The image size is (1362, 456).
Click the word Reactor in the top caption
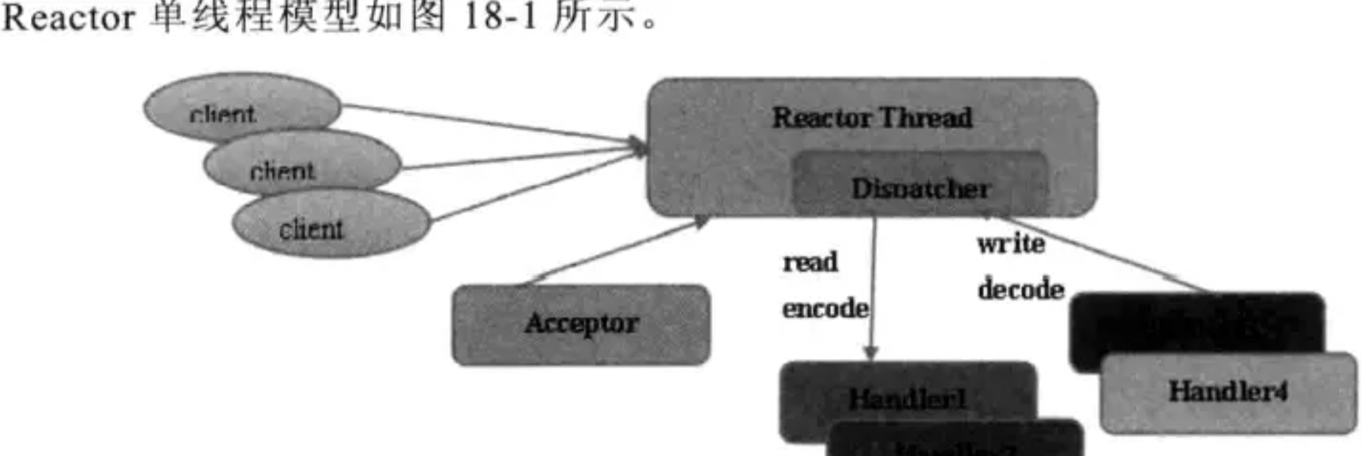pyautogui.click(x=68, y=18)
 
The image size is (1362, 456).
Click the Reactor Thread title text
pyautogui.click(x=872, y=118)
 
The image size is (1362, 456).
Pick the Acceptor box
pyautogui.click(x=581, y=324)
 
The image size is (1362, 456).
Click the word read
pyautogui.click(x=810, y=262)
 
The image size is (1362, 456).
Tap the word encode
pyautogui.click(x=825, y=309)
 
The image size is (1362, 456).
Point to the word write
pyautogui.click(x=1011, y=244)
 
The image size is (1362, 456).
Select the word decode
pyautogui.click(x=1021, y=289)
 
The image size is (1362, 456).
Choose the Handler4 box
pyautogui.click(x=1228, y=392)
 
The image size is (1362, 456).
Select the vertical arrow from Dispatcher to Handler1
pyautogui.click(x=873, y=284)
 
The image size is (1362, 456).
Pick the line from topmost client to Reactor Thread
pyautogui.click(x=488, y=122)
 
